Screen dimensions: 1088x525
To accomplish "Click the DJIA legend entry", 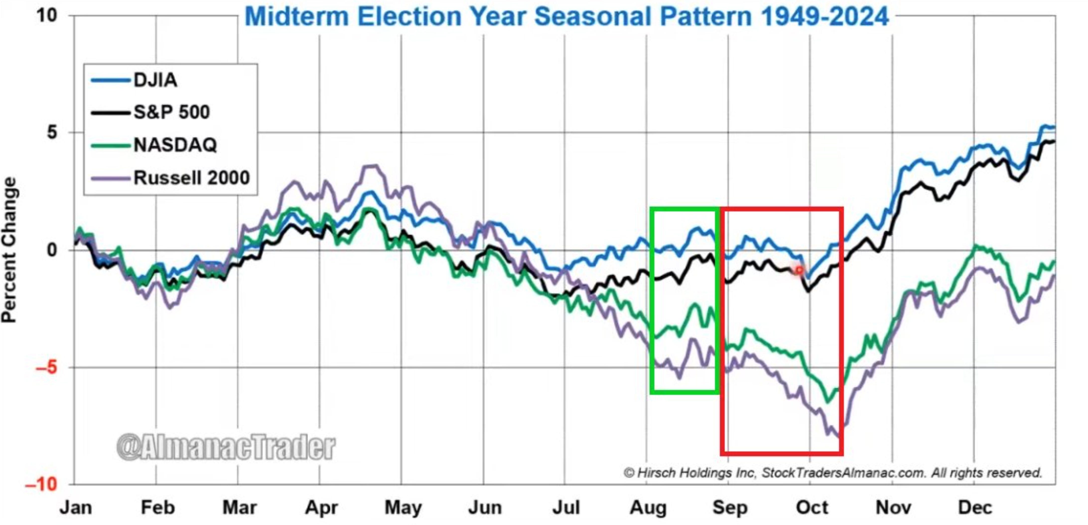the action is (134, 80).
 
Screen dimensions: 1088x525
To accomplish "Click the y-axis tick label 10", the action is (47, 16).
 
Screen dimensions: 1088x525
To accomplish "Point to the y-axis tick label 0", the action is (52, 250).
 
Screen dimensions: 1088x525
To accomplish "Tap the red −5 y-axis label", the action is (47, 367).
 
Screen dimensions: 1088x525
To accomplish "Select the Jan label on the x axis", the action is (76, 508).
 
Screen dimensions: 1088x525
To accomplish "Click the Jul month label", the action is (566, 508).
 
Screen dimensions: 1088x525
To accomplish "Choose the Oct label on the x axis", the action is (812, 508).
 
